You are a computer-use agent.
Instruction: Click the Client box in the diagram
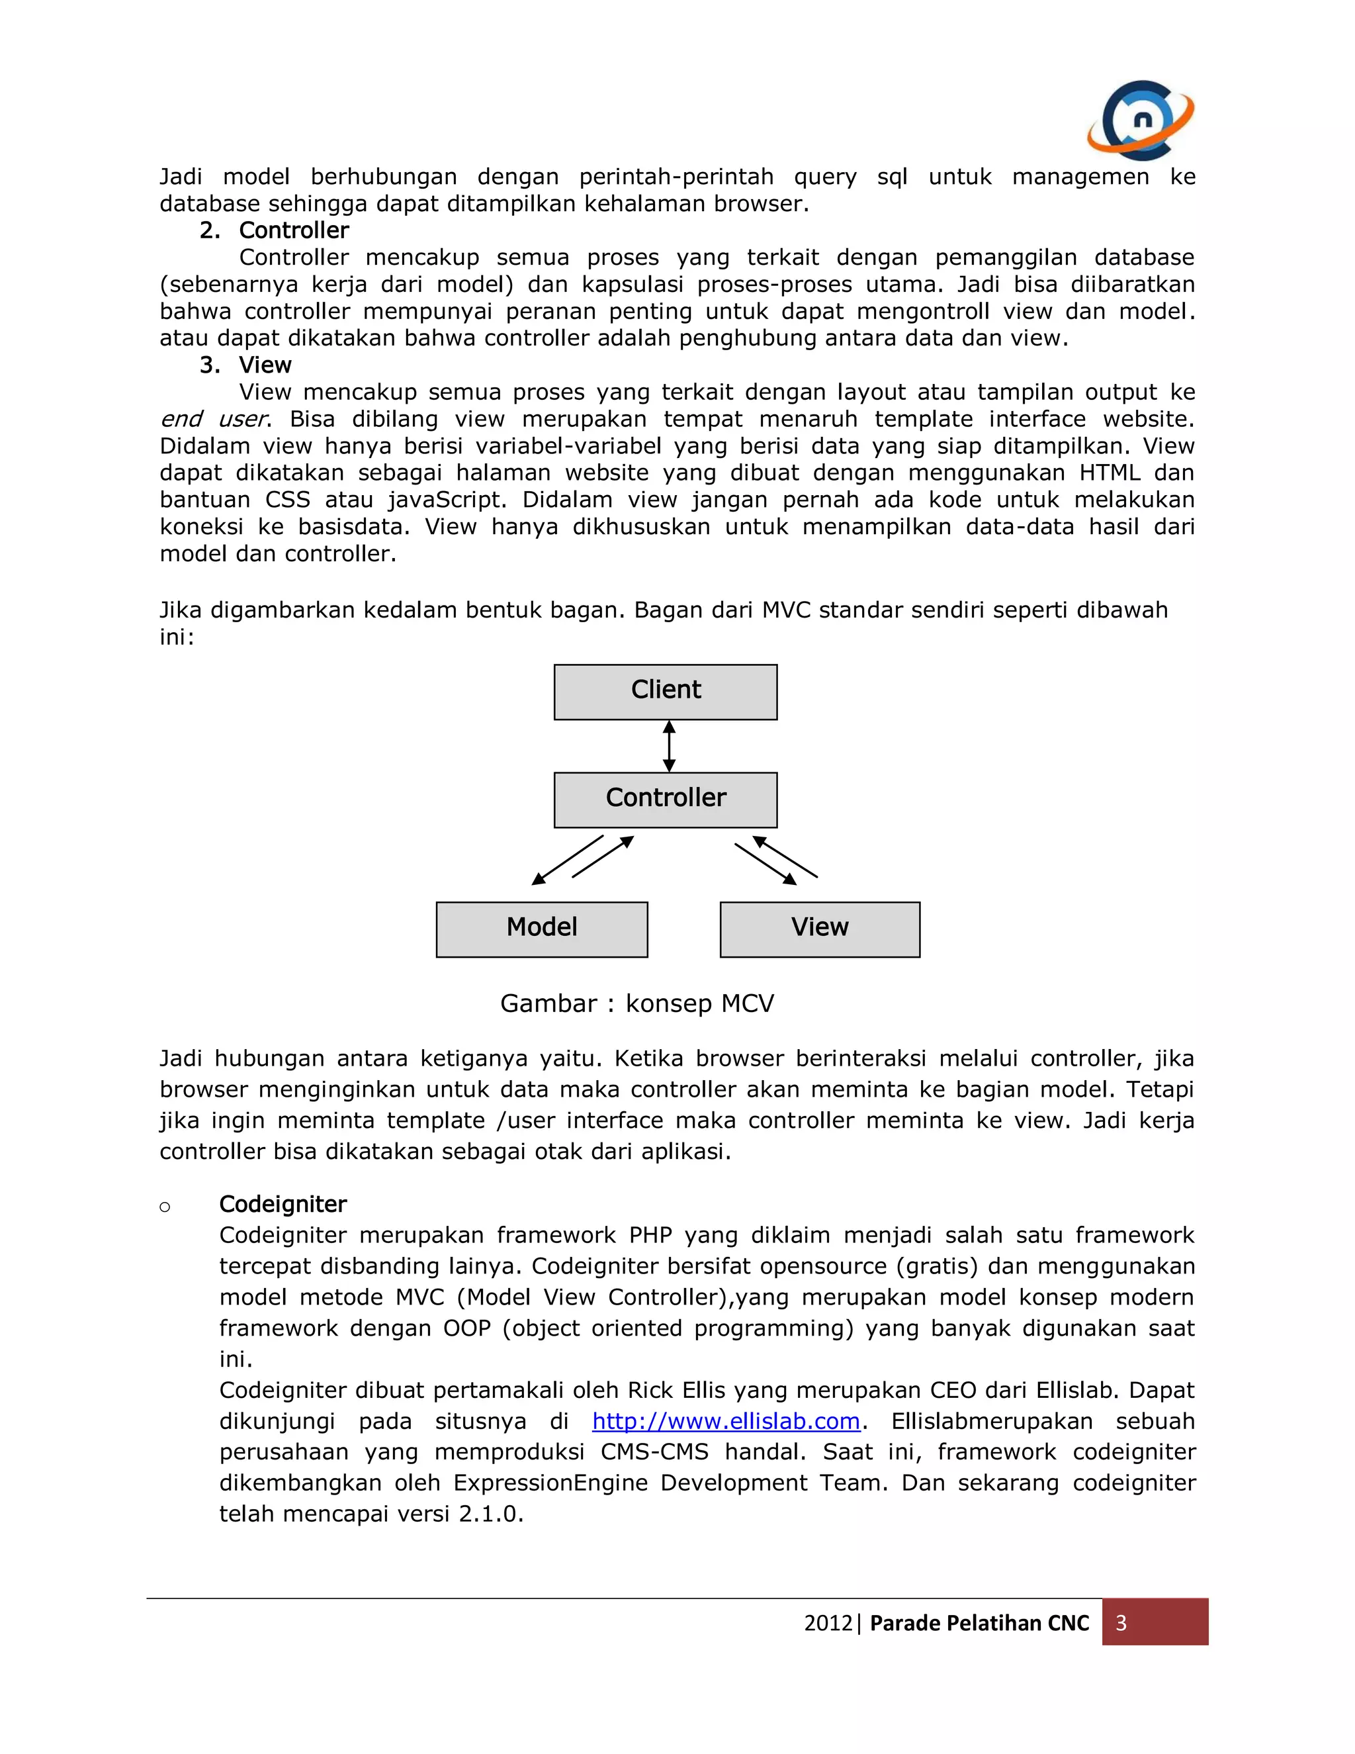(666, 692)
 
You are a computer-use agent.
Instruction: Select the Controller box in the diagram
(666, 799)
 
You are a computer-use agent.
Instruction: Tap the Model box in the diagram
(542, 929)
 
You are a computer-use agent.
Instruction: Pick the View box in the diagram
(820, 929)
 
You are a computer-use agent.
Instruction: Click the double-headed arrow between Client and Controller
(669, 746)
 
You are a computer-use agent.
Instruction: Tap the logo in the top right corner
(1140, 119)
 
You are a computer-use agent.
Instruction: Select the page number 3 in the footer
(1121, 1623)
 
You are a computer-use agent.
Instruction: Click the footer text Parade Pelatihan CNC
(979, 1623)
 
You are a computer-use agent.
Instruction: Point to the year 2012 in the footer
(828, 1623)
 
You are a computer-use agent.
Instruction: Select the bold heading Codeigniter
(283, 1204)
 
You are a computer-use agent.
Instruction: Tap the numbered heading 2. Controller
(275, 230)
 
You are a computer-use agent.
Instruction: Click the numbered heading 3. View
(245, 365)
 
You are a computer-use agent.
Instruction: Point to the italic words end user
(213, 419)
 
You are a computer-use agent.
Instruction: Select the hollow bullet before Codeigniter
(165, 1206)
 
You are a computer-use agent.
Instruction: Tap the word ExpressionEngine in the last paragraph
(550, 1483)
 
